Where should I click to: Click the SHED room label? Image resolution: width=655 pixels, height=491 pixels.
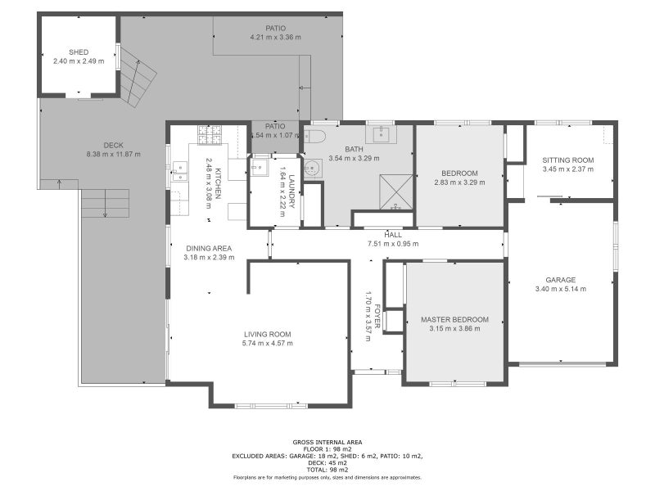tap(79, 52)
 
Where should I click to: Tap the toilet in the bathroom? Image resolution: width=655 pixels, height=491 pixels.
tap(314, 136)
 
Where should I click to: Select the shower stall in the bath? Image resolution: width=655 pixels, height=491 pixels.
tap(396, 192)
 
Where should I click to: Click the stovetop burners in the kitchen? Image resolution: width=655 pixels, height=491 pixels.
tap(210, 135)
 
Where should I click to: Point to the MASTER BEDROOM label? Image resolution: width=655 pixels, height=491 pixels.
tap(454, 320)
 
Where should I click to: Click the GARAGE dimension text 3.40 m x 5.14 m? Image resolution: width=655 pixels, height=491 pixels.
tap(561, 289)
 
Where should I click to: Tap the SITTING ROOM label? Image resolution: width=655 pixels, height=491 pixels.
tap(568, 160)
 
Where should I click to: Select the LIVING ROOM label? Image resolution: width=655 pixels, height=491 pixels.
tap(268, 334)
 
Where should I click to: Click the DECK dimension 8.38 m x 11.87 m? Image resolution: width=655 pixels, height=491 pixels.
tap(114, 154)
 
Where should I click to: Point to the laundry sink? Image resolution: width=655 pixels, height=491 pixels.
tap(260, 168)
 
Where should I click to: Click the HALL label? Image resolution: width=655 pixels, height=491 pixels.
tap(393, 235)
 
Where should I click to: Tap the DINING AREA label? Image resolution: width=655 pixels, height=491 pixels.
tap(209, 249)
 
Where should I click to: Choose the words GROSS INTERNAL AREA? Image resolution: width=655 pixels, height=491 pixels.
tap(327, 442)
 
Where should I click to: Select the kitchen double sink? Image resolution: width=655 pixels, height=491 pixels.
tap(180, 172)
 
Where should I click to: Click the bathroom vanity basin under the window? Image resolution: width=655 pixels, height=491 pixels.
tap(381, 134)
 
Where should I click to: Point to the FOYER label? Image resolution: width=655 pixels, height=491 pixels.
tap(377, 316)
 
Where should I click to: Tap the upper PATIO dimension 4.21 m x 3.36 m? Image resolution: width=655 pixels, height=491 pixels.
tap(276, 37)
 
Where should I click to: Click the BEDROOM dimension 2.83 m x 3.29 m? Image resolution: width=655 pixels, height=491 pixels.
tap(459, 182)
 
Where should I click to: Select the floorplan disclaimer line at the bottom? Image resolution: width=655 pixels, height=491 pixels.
tap(327, 477)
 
